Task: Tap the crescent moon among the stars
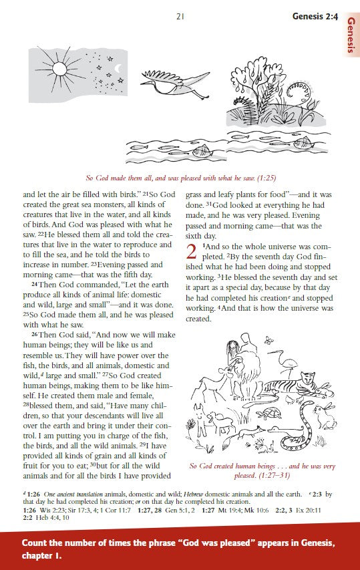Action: coord(118,68)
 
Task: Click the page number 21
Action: coord(180,16)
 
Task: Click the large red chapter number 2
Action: coord(191,252)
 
